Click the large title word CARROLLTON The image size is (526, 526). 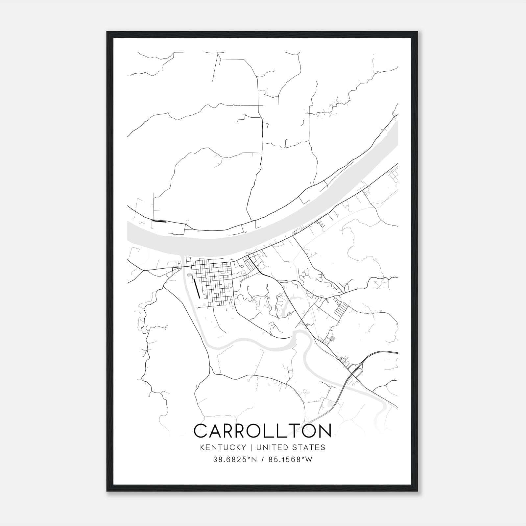tap(262, 431)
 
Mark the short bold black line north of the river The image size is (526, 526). tap(159, 221)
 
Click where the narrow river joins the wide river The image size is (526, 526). tap(182, 258)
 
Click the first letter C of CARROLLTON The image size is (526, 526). tap(201, 431)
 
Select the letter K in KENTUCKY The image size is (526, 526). tap(202, 447)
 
